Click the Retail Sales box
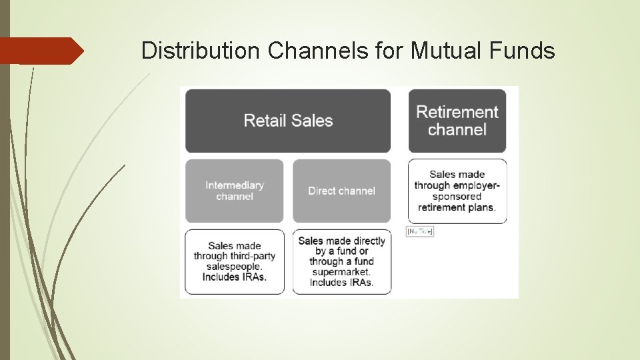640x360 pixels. [288, 121]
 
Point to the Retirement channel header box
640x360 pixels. [457, 121]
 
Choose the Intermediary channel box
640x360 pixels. [235, 191]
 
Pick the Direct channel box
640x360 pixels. [341, 191]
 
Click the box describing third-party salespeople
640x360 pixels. [235, 261]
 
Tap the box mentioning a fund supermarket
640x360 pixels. [341, 261]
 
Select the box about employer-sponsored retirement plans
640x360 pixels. [457, 191]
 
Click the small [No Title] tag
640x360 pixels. [420, 231]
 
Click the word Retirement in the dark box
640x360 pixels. [457, 112]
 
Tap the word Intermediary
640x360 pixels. [235, 185]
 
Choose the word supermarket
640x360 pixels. [341, 272]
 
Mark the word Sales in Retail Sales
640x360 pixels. [313, 121]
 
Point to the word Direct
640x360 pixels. [322, 191]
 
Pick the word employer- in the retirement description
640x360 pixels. [474, 186]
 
